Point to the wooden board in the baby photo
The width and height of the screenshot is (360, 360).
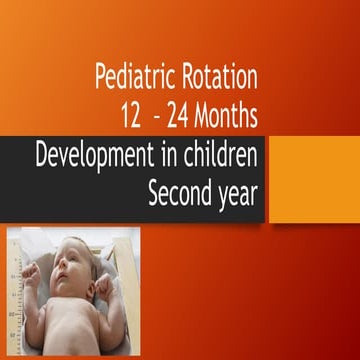coord(126,250)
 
